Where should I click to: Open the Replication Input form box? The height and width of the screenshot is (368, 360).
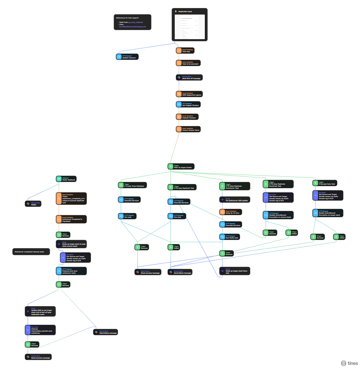tap(190, 25)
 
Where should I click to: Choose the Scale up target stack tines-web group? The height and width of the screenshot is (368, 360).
tap(235, 271)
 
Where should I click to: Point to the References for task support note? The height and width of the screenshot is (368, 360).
tap(132, 22)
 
